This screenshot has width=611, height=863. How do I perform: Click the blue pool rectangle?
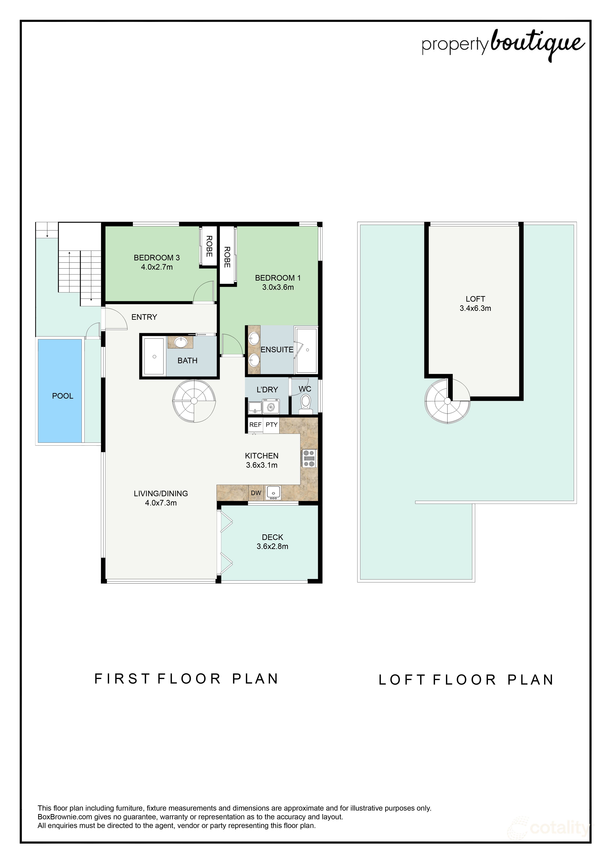coord(60,391)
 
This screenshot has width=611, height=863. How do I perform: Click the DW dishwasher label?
coord(256,493)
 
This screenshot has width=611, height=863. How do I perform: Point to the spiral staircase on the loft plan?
coord(447,401)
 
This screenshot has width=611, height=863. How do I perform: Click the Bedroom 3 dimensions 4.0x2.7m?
coord(157,267)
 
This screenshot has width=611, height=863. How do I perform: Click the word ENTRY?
coord(144,317)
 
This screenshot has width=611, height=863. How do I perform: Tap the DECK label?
coord(272,537)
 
